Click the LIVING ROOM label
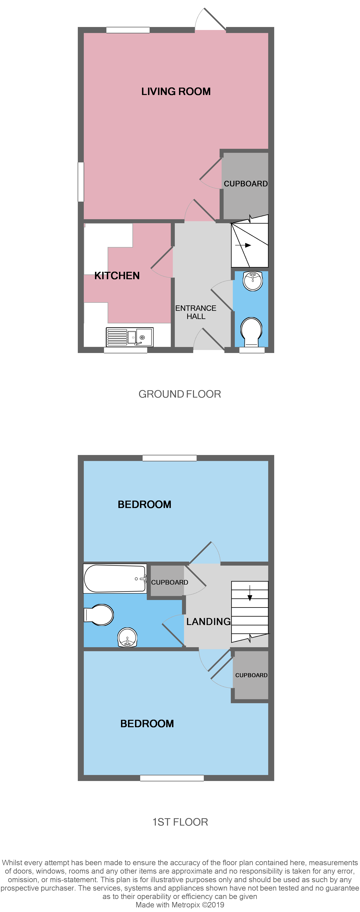[176, 91]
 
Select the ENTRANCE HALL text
[196, 312]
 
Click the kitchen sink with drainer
[130, 337]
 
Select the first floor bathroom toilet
[99, 615]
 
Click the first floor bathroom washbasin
[127, 637]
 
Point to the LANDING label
[208, 621]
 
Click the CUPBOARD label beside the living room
[246, 184]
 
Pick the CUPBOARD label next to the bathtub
[170, 582]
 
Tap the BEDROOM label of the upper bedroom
[144, 505]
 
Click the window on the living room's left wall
[81, 182]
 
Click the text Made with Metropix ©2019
[180, 905]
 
